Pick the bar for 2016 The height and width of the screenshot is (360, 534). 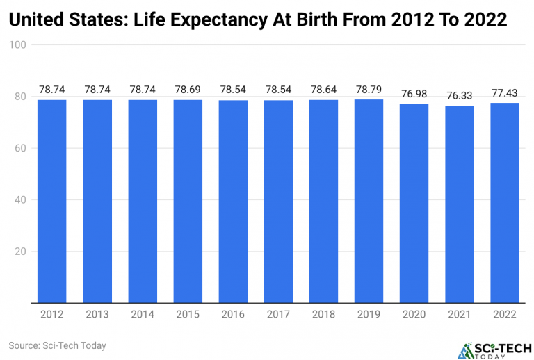pos(234,202)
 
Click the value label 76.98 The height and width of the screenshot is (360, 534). pos(414,94)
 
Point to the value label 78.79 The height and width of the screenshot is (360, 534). pos(369,89)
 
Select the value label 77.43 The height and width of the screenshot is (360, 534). pos(505,92)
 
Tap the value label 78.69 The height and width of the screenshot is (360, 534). pos(188,89)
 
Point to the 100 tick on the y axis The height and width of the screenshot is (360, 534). pos(18,45)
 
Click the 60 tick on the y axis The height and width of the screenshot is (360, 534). pos(21,148)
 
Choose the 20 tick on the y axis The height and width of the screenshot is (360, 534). pos(21,252)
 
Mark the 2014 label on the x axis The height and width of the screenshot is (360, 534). pos(143,314)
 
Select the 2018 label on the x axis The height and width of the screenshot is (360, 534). pos(324,314)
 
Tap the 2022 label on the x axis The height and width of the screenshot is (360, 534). pos(505,314)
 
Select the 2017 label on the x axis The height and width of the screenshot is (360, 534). pos(279,314)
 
